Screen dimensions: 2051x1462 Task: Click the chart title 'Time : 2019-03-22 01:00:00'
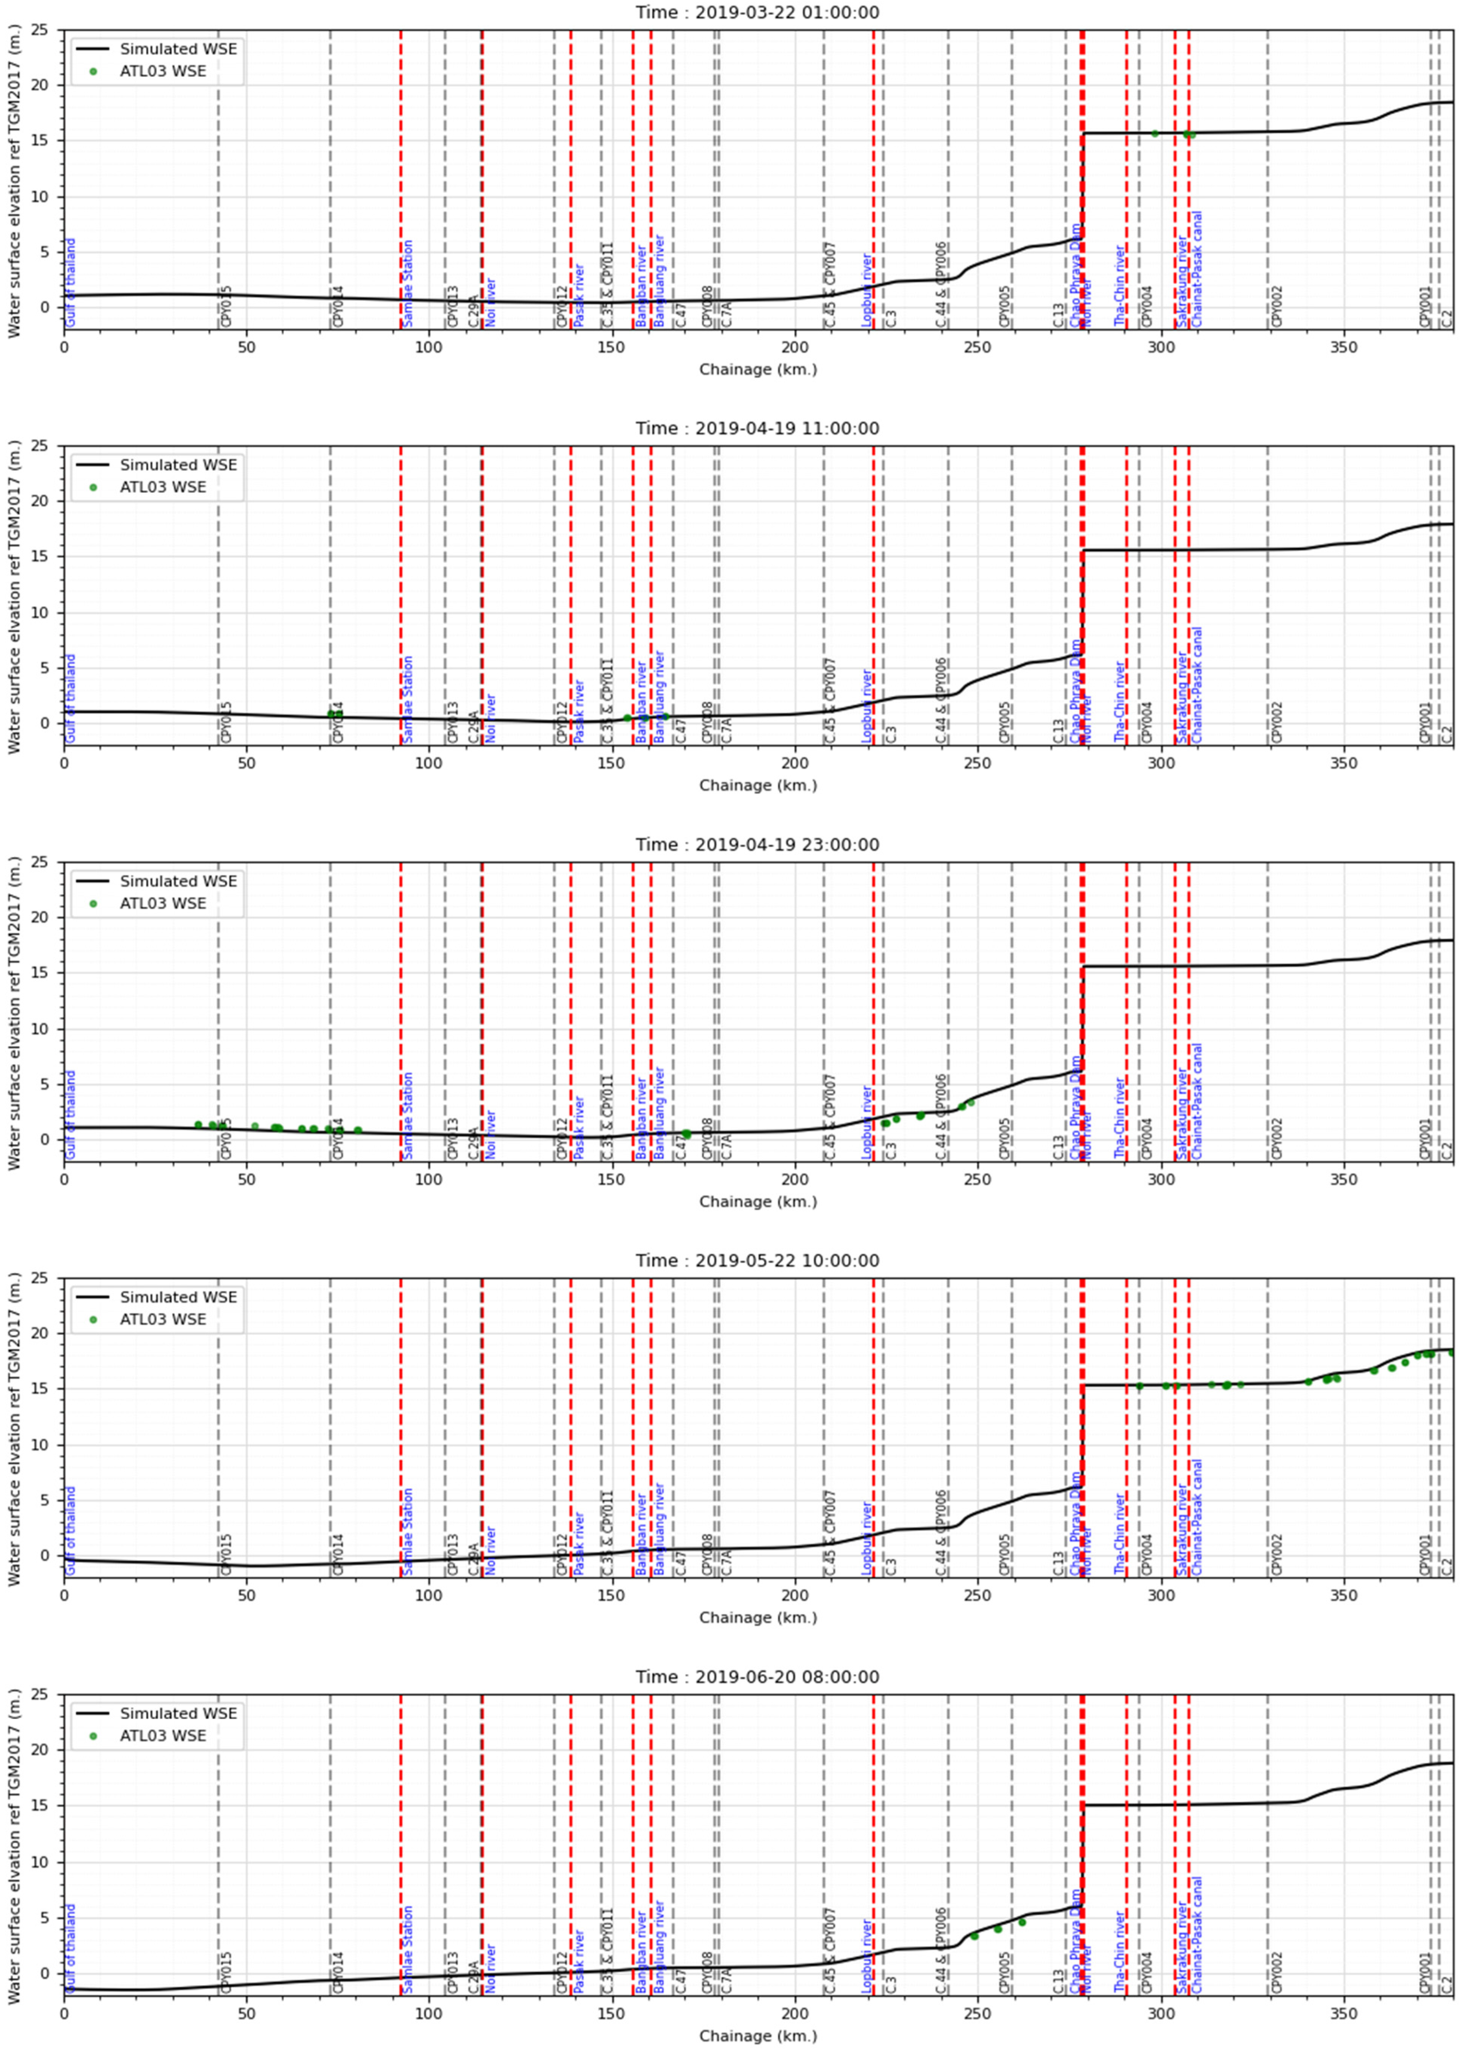(757, 13)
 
